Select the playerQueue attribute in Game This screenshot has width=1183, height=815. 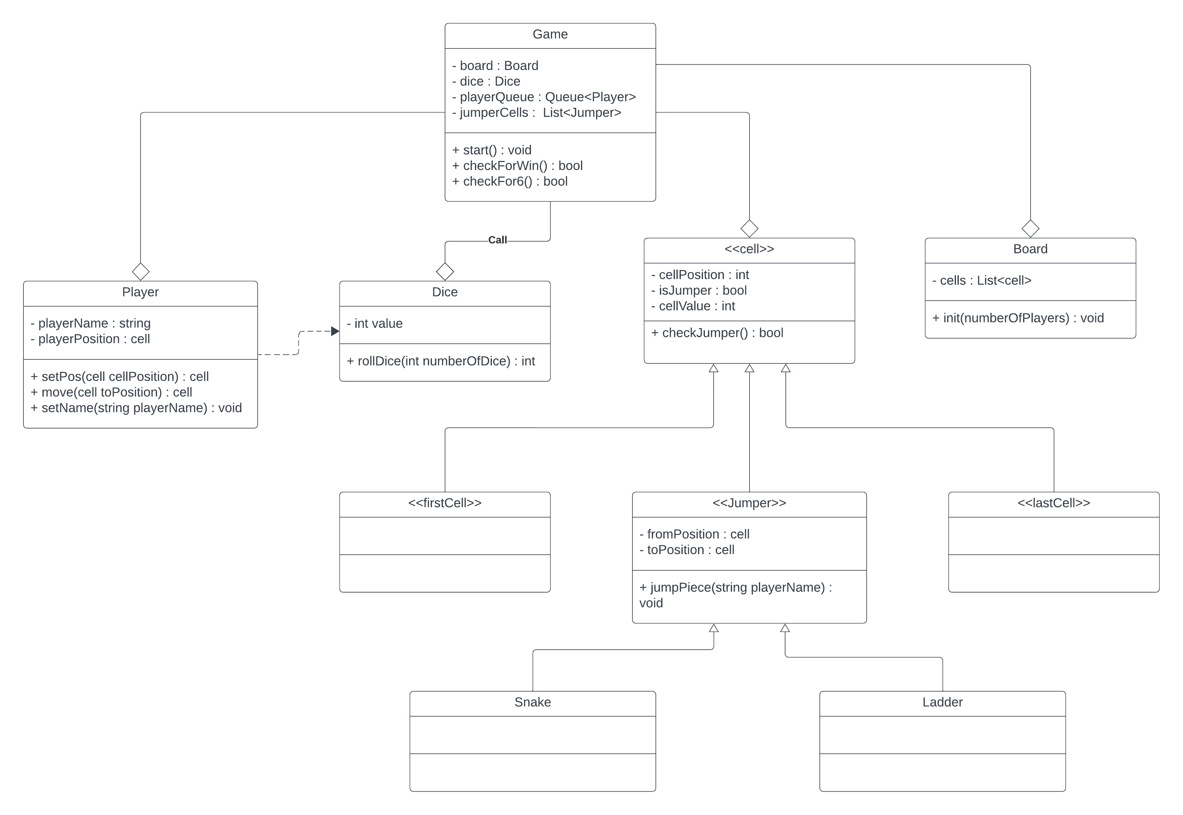pyautogui.click(x=543, y=97)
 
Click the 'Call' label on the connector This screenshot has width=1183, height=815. pyautogui.click(x=497, y=240)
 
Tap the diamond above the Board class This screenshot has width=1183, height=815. pyautogui.click(x=1030, y=228)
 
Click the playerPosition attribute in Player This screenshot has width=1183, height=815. pyautogui.click(x=90, y=339)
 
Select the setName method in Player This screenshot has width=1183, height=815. pyautogui.click(x=136, y=408)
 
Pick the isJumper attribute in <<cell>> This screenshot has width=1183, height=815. pyautogui.click(x=698, y=291)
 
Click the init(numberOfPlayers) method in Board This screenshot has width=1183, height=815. pyautogui.click(x=1018, y=318)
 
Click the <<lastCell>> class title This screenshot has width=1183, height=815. pyautogui.click(x=1053, y=503)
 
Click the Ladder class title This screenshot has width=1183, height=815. pyautogui.click(x=942, y=702)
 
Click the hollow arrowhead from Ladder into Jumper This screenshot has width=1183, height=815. pyautogui.click(x=785, y=628)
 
